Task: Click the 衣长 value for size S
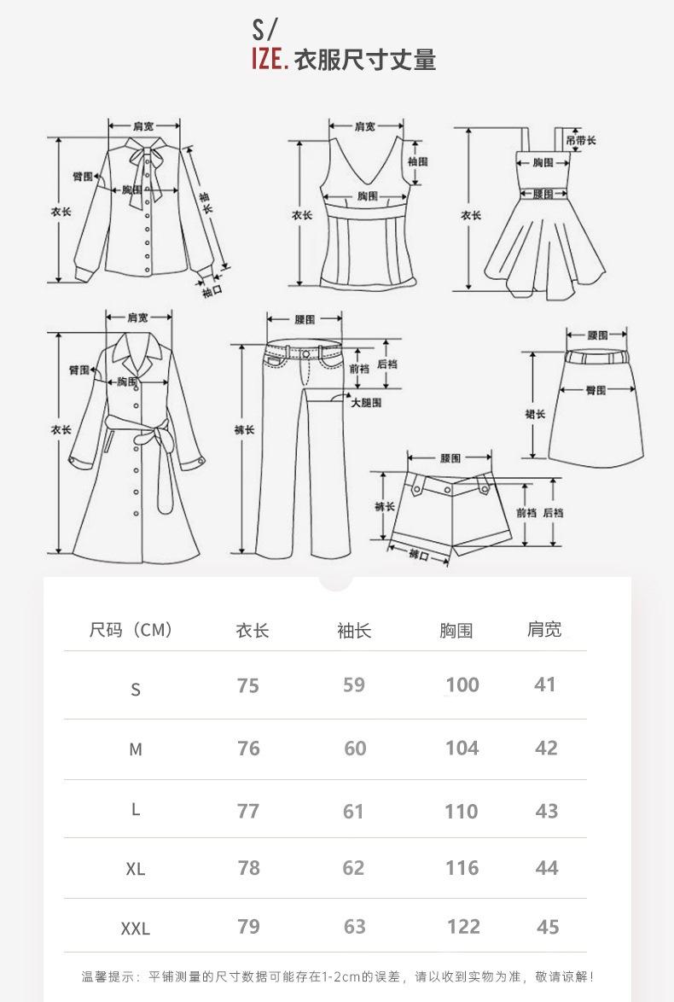pos(248,686)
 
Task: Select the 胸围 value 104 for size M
pos(462,749)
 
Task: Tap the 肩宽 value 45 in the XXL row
pos(548,927)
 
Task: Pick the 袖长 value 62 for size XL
pos(353,868)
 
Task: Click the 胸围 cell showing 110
pos(461,811)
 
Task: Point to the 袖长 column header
pos(354,631)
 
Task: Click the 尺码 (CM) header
pos(131,631)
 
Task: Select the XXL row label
pos(135,929)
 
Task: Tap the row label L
pos(135,810)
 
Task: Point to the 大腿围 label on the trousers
pos(366,402)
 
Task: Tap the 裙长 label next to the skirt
pos(535,414)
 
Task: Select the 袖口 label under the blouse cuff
pos(212,292)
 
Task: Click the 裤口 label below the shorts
pos(418,556)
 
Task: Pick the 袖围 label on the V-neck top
pos(417,161)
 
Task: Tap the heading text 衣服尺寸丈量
pos(365,61)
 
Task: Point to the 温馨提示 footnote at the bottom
pos(337,976)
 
